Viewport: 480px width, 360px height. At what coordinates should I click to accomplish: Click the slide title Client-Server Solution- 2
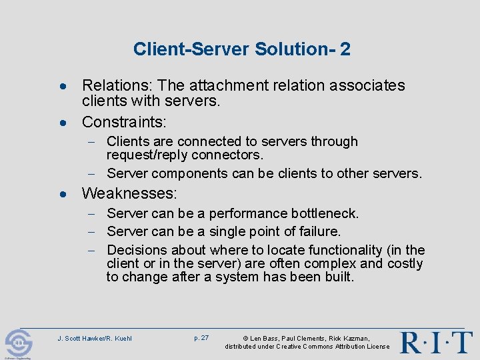(x=241, y=49)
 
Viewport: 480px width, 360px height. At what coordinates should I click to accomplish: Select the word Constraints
(x=124, y=122)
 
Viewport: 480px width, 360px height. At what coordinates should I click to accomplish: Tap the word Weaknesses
(x=129, y=194)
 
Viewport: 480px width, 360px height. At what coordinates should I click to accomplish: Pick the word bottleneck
(x=325, y=213)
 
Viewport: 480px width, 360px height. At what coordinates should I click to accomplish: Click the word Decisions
(x=137, y=250)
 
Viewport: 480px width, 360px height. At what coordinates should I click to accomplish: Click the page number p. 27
(x=201, y=338)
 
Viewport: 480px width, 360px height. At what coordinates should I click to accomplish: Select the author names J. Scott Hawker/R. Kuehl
(x=95, y=339)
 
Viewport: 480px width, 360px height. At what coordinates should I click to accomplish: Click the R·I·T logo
(x=436, y=342)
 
